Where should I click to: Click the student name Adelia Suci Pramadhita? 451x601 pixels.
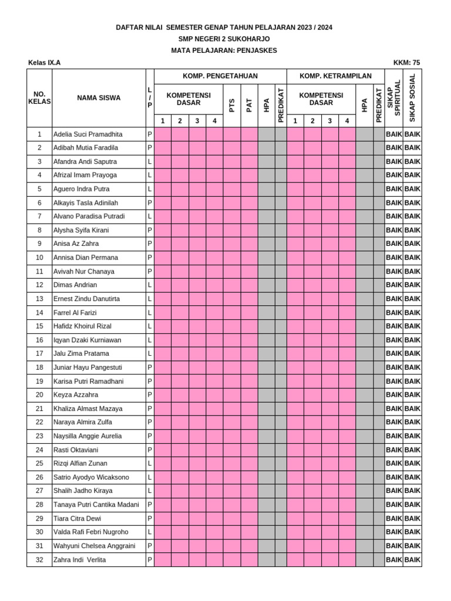pyautogui.click(x=88, y=134)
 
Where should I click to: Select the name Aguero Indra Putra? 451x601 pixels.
pyautogui.click(x=81, y=189)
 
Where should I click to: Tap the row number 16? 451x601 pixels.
pyautogui.click(x=39, y=340)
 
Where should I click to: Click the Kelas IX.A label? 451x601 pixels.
pyautogui.click(x=44, y=63)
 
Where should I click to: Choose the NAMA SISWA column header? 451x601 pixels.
pyautogui.click(x=99, y=98)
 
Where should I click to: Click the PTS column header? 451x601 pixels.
pyautogui.click(x=232, y=105)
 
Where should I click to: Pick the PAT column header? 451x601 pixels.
pyautogui.click(x=250, y=105)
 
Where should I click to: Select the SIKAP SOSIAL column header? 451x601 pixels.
pyautogui.click(x=412, y=97)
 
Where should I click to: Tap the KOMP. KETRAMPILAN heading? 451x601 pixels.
pyautogui.click(x=335, y=76)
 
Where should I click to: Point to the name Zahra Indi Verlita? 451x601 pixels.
pyautogui.click(x=80, y=560)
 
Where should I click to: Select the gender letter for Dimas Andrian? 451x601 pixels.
pyautogui.click(x=150, y=285)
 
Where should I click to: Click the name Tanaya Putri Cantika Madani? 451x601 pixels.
pyautogui.click(x=96, y=505)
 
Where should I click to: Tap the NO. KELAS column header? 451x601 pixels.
pyautogui.click(x=39, y=98)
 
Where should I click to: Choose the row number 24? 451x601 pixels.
pyautogui.click(x=39, y=450)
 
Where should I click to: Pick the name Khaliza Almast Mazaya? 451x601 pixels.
pyautogui.click(x=88, y=408)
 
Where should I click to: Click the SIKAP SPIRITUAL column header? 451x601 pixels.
pyautogui.click(x=393, y=97)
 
